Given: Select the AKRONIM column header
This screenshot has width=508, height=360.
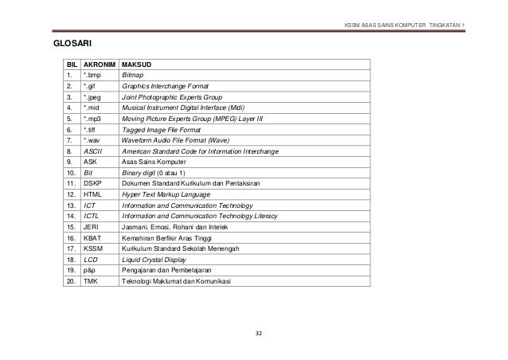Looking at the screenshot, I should click(x=99, y=62).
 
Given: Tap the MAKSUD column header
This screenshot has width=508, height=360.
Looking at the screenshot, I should click(x=136, y=62).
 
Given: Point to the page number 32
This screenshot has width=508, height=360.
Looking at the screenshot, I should click(x=257, y=331).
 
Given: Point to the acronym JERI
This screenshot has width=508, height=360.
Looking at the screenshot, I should click(x=91, y=226).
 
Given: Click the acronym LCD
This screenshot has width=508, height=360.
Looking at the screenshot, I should click(x=90, y=259).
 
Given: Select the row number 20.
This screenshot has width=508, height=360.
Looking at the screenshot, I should click(x=72, y=281).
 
